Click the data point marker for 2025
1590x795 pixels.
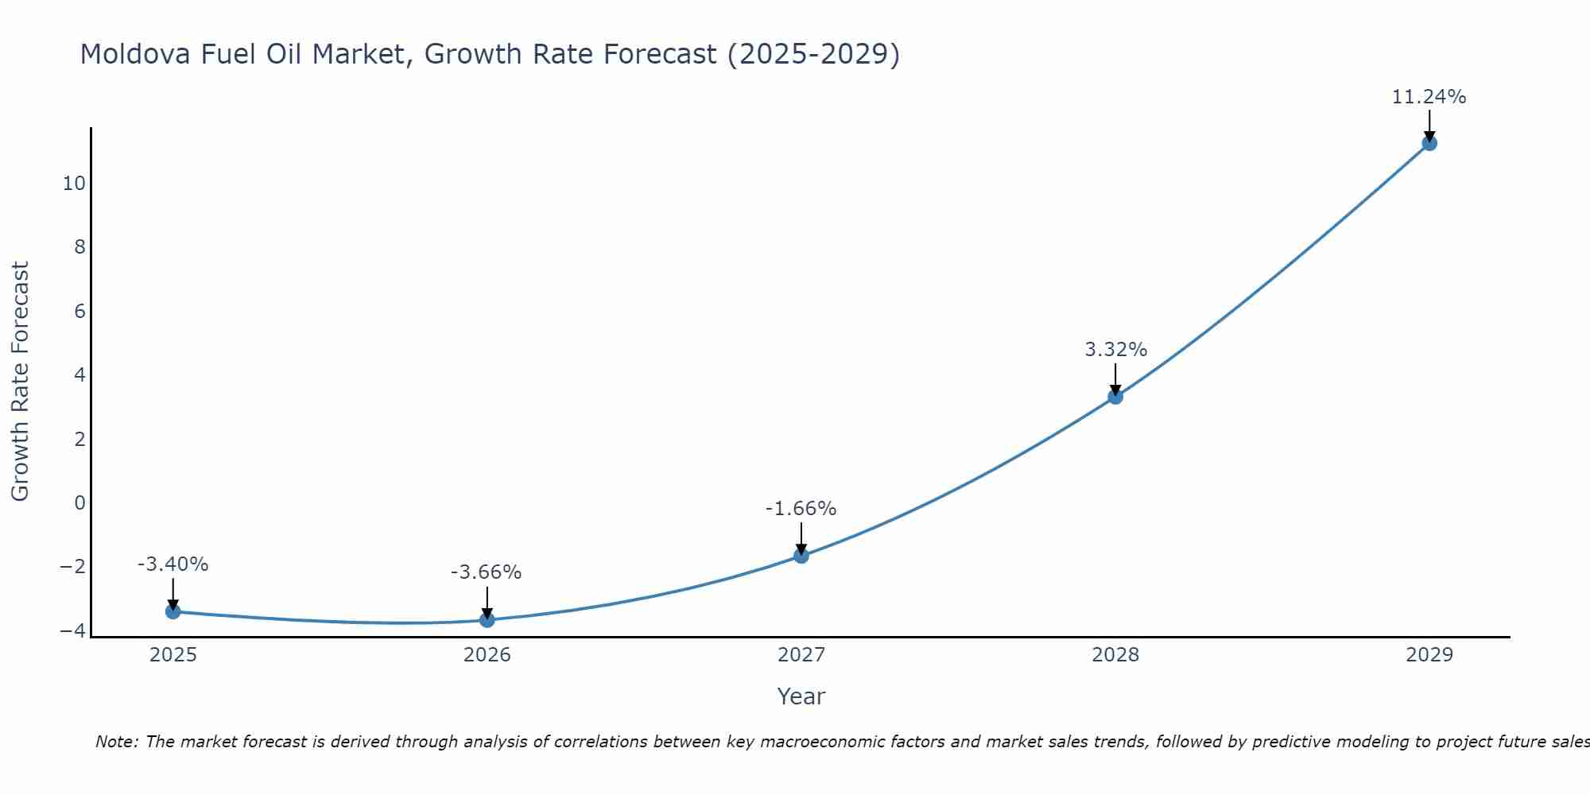tap(173, 611)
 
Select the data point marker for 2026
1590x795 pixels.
tap(487, 619)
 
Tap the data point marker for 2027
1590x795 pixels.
tap(801, 556)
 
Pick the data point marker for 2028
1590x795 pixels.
tap(1115, 397)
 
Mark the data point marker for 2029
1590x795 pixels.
tap(1429, 143)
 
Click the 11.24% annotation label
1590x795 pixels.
tap(1429, 97)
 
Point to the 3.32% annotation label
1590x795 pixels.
tap(1115, 350)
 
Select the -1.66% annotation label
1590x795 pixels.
tap(801, 509)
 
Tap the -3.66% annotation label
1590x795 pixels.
tap(486, 572)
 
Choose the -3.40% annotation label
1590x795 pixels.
tap(173, 564)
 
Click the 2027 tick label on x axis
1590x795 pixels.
tap(801, 655)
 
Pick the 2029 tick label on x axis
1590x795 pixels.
tap(1429, 655)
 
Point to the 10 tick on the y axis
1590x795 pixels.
tap(74, 184)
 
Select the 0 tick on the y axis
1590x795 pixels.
tap(79, 502)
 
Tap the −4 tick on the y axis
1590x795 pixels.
tap(72, 630)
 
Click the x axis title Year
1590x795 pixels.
tap(801, 696)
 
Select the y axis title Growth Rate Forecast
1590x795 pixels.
tap(20, 381)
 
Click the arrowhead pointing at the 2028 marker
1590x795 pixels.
tap(1115, 390)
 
